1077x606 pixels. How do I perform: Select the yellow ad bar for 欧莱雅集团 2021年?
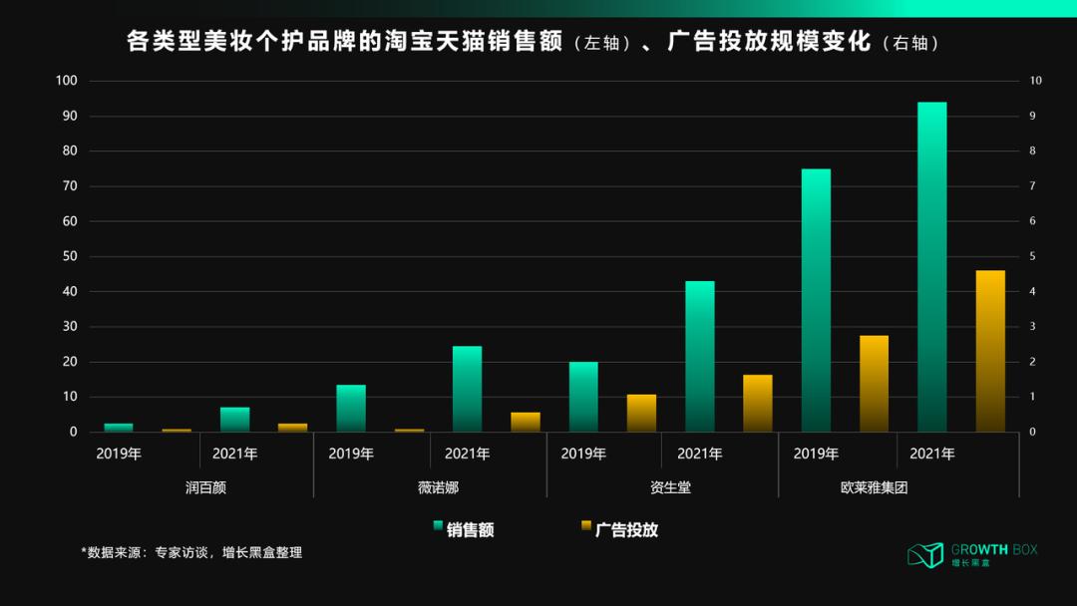point(990,351)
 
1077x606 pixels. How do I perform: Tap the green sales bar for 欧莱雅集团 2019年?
point(816,300)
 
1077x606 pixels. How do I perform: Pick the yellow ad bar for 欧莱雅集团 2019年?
point(874,384)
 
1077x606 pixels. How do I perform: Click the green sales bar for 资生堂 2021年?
point(700,357)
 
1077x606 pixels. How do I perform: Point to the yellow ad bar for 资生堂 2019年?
point(641,413)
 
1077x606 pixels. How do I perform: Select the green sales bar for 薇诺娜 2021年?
point(467,389)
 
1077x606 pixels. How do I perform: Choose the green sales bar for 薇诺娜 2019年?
point(351,408)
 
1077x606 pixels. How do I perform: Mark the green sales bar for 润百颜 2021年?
point(235,420)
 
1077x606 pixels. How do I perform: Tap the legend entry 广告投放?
point(626,529)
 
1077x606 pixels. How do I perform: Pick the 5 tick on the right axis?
point(1033,256)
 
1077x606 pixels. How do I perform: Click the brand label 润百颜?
point(198,487)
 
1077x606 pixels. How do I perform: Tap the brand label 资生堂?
point(663,487)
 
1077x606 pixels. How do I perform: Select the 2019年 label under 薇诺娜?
point(351,454)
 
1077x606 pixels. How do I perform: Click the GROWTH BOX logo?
point(972,555)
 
